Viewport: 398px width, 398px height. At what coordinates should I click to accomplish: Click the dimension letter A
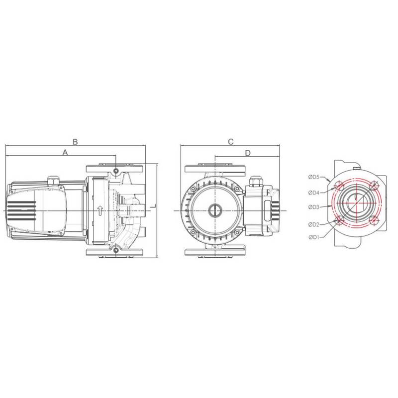[x=65, y=153]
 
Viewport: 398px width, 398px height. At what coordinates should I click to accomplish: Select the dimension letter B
[x=75, y=142]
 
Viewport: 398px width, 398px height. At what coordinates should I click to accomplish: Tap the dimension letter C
[x=231, y=142]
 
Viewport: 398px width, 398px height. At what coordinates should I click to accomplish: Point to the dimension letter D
[x=248, y=152]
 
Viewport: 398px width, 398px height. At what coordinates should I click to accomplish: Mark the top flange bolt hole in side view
[x=116, y=171]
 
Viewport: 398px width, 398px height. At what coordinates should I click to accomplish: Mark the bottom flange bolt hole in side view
[x=116, y=250]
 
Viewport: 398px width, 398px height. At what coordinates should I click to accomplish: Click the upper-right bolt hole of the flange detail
[x=374, y=186]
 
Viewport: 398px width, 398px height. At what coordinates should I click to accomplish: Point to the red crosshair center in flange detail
[x=357, y=203]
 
